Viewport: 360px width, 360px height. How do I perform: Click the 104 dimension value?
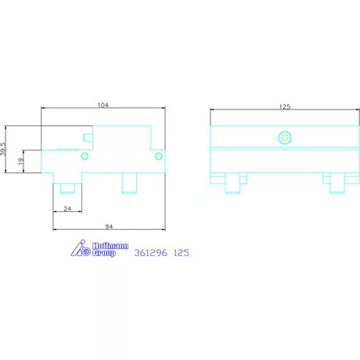(103, 105)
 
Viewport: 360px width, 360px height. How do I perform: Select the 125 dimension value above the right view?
(285, 106)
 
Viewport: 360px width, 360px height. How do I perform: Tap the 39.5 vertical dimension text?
(3, 149)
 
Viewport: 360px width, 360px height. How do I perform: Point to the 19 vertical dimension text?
(20, 161)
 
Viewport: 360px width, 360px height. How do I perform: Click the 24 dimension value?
(67, 209)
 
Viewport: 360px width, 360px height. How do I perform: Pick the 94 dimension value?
(109, 226)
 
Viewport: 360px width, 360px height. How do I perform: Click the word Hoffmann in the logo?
(110, 246)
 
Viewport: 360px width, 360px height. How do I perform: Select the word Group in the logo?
(104, 253)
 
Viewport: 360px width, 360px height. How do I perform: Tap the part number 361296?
(150, 253)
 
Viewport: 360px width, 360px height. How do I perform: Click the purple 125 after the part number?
(182, 253)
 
